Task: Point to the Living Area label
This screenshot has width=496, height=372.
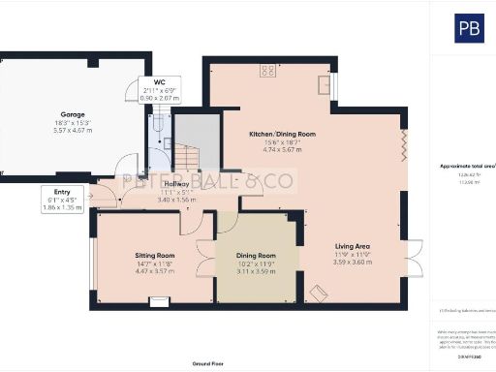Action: [354, 247]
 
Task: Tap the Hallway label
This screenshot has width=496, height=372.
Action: [176, 184]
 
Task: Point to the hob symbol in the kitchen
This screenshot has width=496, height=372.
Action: [265, 69]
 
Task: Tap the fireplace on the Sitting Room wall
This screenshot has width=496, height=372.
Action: [158, 300]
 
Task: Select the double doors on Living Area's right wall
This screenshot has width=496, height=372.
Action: [415, 257]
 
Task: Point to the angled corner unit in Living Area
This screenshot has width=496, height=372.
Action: [317, 291]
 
